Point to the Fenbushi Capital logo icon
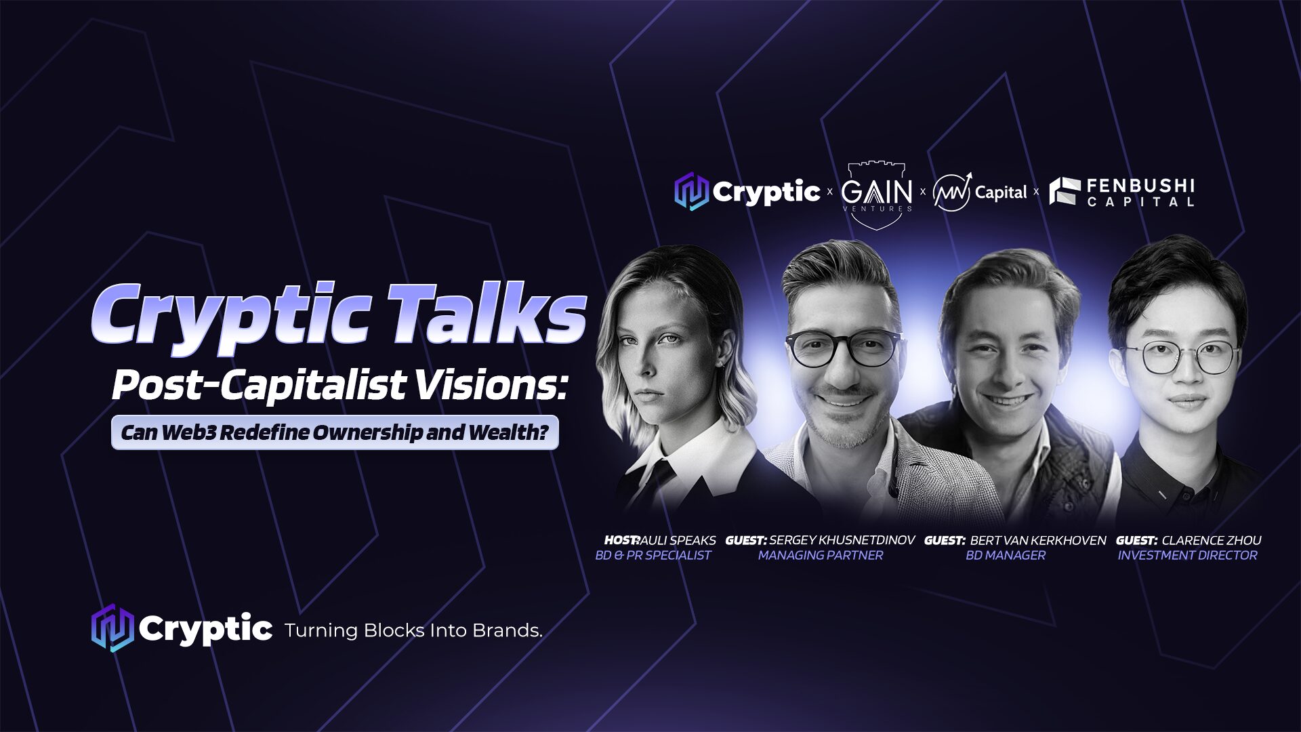tap(1064, 191)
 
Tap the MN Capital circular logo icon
tap(951, 192)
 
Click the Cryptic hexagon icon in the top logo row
tap(691, 191)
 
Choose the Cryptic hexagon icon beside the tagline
tap(112, 628)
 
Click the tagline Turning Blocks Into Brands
tap(413, 630)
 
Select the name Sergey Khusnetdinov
tap(842, 540)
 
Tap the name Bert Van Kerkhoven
tap(1037, 540)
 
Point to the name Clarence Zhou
tap(1211, 540)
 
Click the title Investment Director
tap(1187, 555)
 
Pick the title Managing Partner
tap(820, 555)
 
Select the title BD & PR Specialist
tap(653, 555)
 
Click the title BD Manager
tap(1005, 555)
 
